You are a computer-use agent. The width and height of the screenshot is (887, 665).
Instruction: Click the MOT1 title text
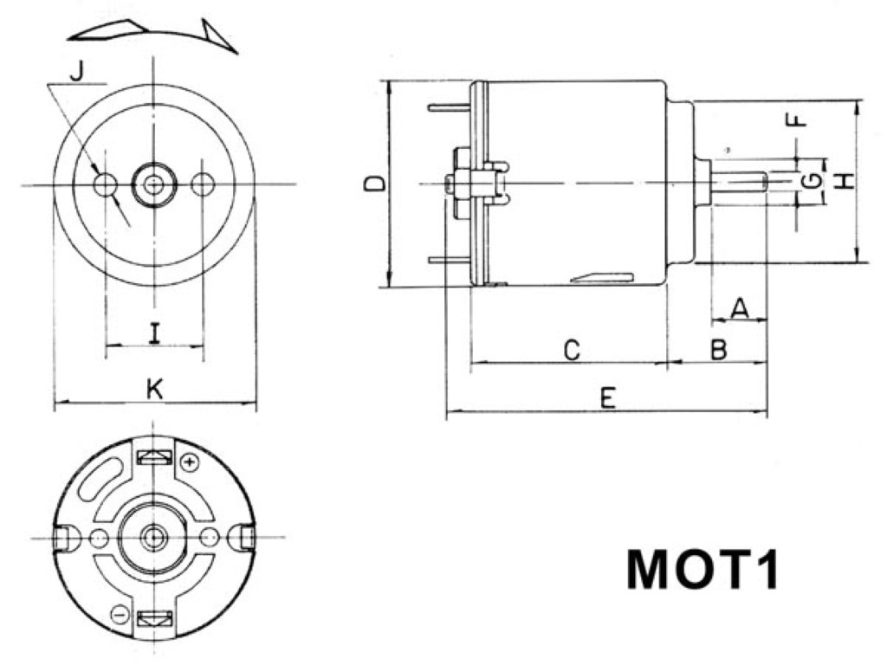click(702, 571)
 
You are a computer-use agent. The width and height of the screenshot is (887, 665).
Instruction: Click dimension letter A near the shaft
click(739, 307)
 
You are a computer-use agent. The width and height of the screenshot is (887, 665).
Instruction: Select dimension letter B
click(718, 350)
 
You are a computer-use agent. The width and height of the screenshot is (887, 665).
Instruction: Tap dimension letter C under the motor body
click(570, 350)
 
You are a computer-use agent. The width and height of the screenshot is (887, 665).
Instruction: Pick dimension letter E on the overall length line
click(608, 398)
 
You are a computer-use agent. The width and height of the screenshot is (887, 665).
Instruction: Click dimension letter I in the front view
click(154, 333)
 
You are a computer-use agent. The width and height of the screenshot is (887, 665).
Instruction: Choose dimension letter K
click(154, 391)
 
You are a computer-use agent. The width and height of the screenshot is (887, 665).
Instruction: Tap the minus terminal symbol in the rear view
click(120, 615)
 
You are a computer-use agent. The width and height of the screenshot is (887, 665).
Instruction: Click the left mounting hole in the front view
click(106, 184)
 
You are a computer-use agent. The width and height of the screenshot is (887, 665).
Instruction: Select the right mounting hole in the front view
click(203, 184)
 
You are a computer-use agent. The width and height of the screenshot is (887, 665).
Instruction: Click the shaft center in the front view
click(154, 184)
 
